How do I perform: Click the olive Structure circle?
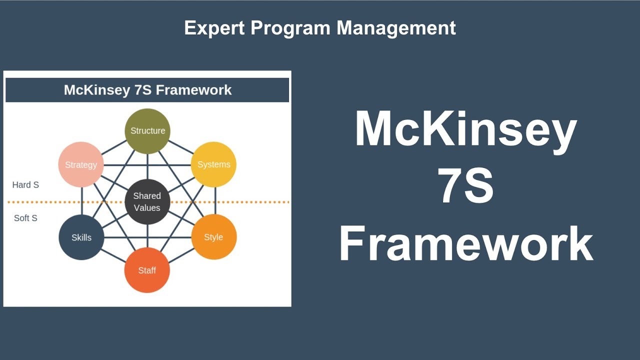coord(147,131)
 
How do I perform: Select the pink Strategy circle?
coord(81,164)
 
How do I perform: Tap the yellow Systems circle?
coord(213,164)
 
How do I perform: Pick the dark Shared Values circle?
coord(147,202)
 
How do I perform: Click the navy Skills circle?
coord(81,237)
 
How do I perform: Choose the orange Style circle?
coord(213,237)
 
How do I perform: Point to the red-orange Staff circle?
coord(147,270)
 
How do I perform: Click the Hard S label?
coord(25,185)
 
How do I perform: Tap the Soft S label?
coord(25,218)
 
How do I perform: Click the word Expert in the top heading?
coord(215,28)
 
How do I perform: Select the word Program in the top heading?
coord(291,28)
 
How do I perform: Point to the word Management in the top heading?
coord(396,28)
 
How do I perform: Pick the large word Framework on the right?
coord(465,243)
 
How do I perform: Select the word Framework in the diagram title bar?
coord(194,90)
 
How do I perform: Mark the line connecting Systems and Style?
coord(215,201)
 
